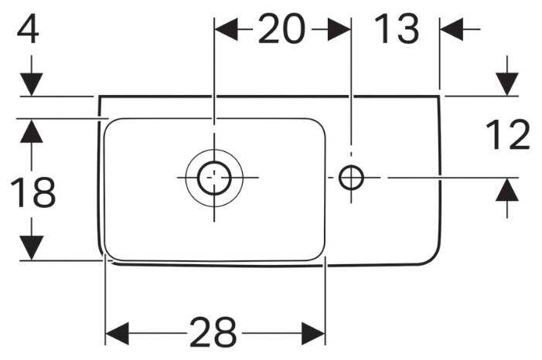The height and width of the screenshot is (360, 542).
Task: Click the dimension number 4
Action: [28, 32]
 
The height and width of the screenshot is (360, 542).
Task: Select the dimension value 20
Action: [281, 30]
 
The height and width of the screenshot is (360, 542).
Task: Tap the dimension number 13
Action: [397, 30]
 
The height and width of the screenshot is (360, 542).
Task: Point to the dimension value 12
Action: [507, 136]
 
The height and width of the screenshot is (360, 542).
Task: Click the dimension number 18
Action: [32, 193]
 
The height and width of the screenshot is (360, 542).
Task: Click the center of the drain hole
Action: [214, 178]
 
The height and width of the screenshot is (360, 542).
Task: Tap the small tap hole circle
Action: [351, 178]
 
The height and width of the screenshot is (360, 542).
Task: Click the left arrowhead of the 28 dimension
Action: [116, 334]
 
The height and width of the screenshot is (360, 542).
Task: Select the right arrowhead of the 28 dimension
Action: [313, 334]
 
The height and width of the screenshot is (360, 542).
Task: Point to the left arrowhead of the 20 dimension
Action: [224, 30]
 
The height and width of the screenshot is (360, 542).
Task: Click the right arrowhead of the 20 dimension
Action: [339, 30]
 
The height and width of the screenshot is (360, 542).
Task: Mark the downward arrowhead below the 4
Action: [31, 84]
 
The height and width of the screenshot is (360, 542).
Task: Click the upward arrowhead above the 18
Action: [31, 131]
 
